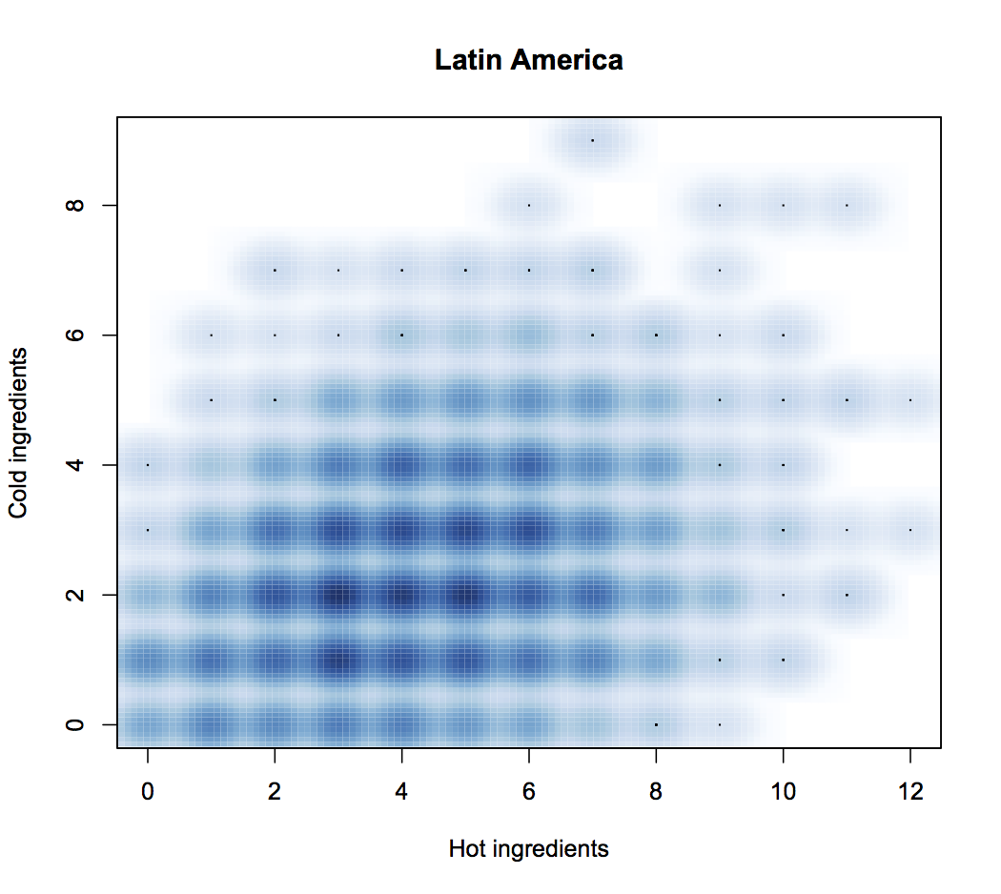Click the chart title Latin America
pos(528,60)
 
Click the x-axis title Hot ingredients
pos(528,848)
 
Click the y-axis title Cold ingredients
pos(18,433)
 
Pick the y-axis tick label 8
pos(77,205)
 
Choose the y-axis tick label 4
pos(77,465)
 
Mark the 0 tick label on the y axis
pos(77,724)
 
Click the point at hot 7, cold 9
pos(592,140)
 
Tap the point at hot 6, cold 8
pos(529,205)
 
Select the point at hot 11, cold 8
pos(847,205)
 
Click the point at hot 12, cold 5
pos(910,400)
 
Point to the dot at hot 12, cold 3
pos(910,530)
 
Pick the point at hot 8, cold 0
pos(656,724)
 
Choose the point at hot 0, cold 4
pos(148,465)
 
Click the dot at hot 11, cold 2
pos(847,595)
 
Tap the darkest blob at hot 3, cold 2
pos(338,595)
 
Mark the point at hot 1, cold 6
pos(212,335)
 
